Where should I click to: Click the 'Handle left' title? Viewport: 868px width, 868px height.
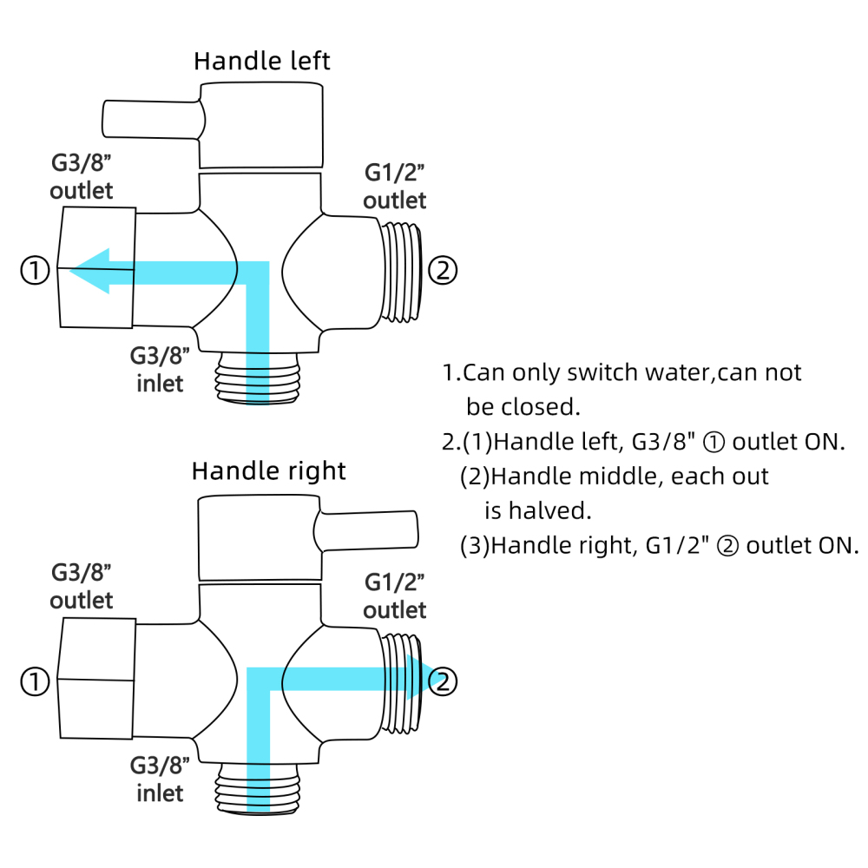261,62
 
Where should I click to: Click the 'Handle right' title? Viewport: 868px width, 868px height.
268,471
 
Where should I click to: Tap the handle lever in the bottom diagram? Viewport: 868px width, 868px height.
369,529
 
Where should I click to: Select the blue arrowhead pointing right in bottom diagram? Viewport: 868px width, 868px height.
420,678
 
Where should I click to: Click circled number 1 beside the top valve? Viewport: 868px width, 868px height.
35,271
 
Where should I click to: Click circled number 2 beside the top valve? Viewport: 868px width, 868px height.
443,271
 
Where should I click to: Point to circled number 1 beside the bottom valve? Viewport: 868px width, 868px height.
35,682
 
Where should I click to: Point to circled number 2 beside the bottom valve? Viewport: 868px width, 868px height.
443,682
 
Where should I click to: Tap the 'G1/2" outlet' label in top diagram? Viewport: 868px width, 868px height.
395,187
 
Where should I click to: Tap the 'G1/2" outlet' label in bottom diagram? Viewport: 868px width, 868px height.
395,595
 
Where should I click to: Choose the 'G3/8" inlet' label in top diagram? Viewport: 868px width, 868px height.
159,369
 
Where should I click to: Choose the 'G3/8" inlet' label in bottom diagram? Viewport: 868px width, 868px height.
159,779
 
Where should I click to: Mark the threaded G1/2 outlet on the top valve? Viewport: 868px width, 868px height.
401,271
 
